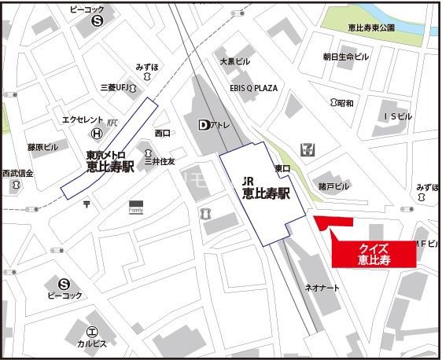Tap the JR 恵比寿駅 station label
(x=262, y=189)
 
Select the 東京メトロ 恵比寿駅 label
(x=110, y=162)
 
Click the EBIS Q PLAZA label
(x=254, y=88)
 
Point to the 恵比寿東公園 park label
(x=371, y=28)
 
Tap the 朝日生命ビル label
(x=345, y=57)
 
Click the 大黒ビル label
(x=234, y=61)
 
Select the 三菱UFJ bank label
(x=115, y=86)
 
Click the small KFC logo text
(x=112, y=122)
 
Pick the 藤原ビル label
(x=43, y=147)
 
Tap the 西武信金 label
(x=17, y=173)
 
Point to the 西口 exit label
(x=163, y=133)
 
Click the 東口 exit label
(x=282, y=168)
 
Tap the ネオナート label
(x=322, y=288)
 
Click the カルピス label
(x=92, y=343)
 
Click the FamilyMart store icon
(x=136, y=207)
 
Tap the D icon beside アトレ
(x=204, y=124)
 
